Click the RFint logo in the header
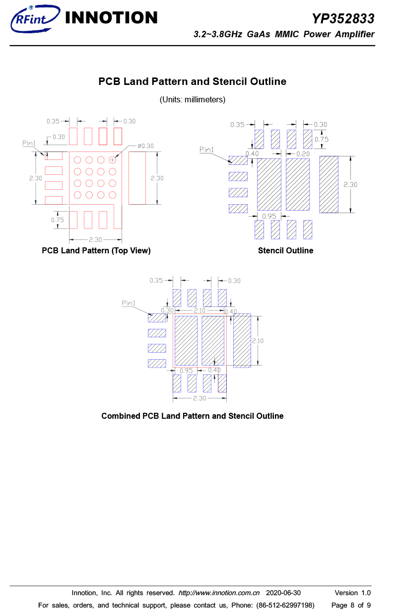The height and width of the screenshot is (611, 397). coord(35,18)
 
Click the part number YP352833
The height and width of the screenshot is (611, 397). coord(343,18)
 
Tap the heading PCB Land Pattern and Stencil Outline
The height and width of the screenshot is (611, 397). coord(192,81)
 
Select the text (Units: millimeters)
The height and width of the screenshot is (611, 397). coord(193,99)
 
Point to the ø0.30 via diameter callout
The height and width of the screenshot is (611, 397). coord(145,146)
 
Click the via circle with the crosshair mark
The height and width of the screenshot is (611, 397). coord(112,160)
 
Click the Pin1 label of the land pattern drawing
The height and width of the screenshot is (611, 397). coord(29,143)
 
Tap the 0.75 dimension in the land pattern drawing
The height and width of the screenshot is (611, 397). coord(58,220)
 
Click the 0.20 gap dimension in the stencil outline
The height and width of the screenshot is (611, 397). coord(303,154)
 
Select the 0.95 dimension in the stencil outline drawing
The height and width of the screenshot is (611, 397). coord(269,216)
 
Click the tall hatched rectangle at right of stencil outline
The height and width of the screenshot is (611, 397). coord(329,184)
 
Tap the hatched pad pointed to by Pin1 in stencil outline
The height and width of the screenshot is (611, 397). coord(238,160)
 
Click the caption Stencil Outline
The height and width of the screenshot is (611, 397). coord(285,250)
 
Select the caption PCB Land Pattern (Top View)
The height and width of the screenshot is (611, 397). coord(96,250)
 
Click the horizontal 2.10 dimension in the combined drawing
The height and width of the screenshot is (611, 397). coord(199,310)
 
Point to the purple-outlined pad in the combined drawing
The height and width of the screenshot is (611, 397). coord(222,383)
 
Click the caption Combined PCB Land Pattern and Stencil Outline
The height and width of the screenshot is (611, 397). coord(193,416)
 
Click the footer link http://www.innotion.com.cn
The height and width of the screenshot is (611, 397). coord(219,593)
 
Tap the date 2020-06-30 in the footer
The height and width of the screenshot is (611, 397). coord(283,593)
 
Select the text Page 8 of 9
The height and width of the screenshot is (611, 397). coord(351,605)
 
